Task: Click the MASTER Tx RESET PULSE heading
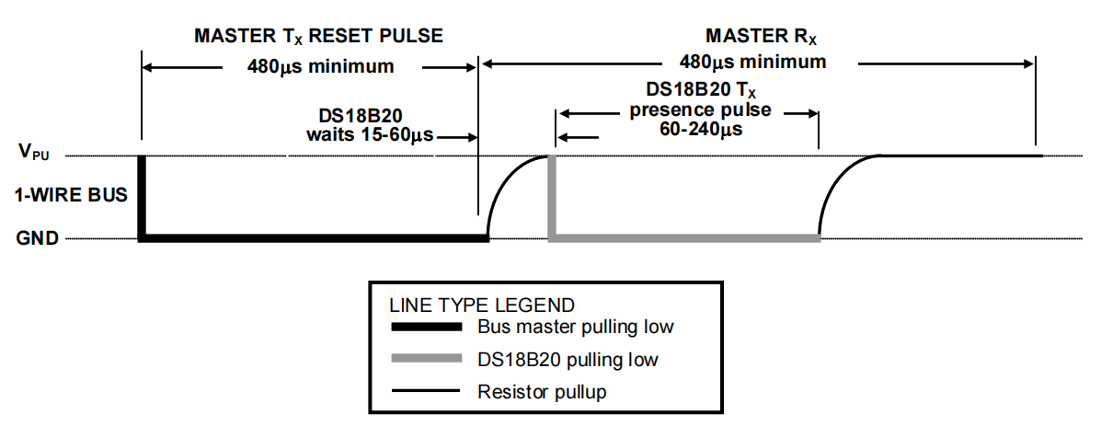(318, 37)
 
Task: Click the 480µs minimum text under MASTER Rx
(752, 63)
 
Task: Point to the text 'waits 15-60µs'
(369, 136)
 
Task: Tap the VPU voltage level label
(34, 153)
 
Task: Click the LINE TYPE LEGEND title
(482, 305)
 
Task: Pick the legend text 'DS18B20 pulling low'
(568, 359)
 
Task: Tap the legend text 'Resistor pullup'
(542, 392)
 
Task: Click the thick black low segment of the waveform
(313, 239)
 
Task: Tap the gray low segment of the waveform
(684, 239)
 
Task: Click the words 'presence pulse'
(700, 111)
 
